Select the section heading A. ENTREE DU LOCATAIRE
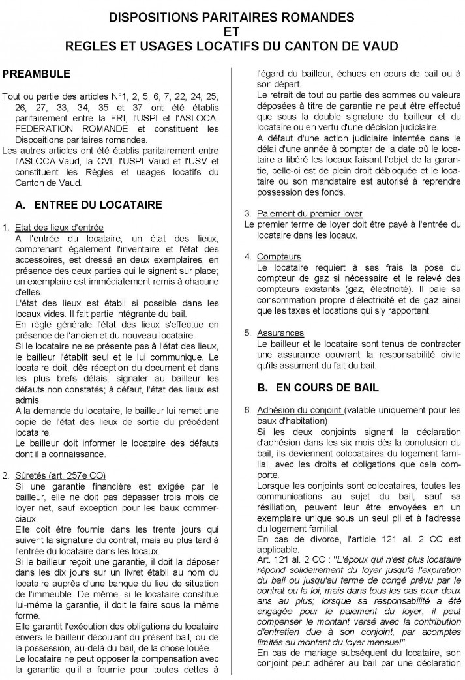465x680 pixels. click(88, 204)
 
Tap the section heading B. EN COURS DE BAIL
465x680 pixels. click(318, 387)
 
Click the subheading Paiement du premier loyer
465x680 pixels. click(310, 214)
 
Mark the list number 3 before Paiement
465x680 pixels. click(247, 214)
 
